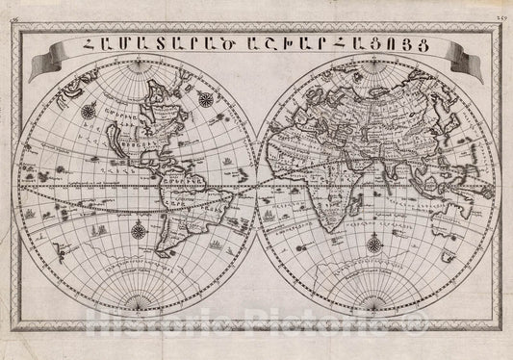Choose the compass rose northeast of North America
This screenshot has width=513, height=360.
[207, 96]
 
